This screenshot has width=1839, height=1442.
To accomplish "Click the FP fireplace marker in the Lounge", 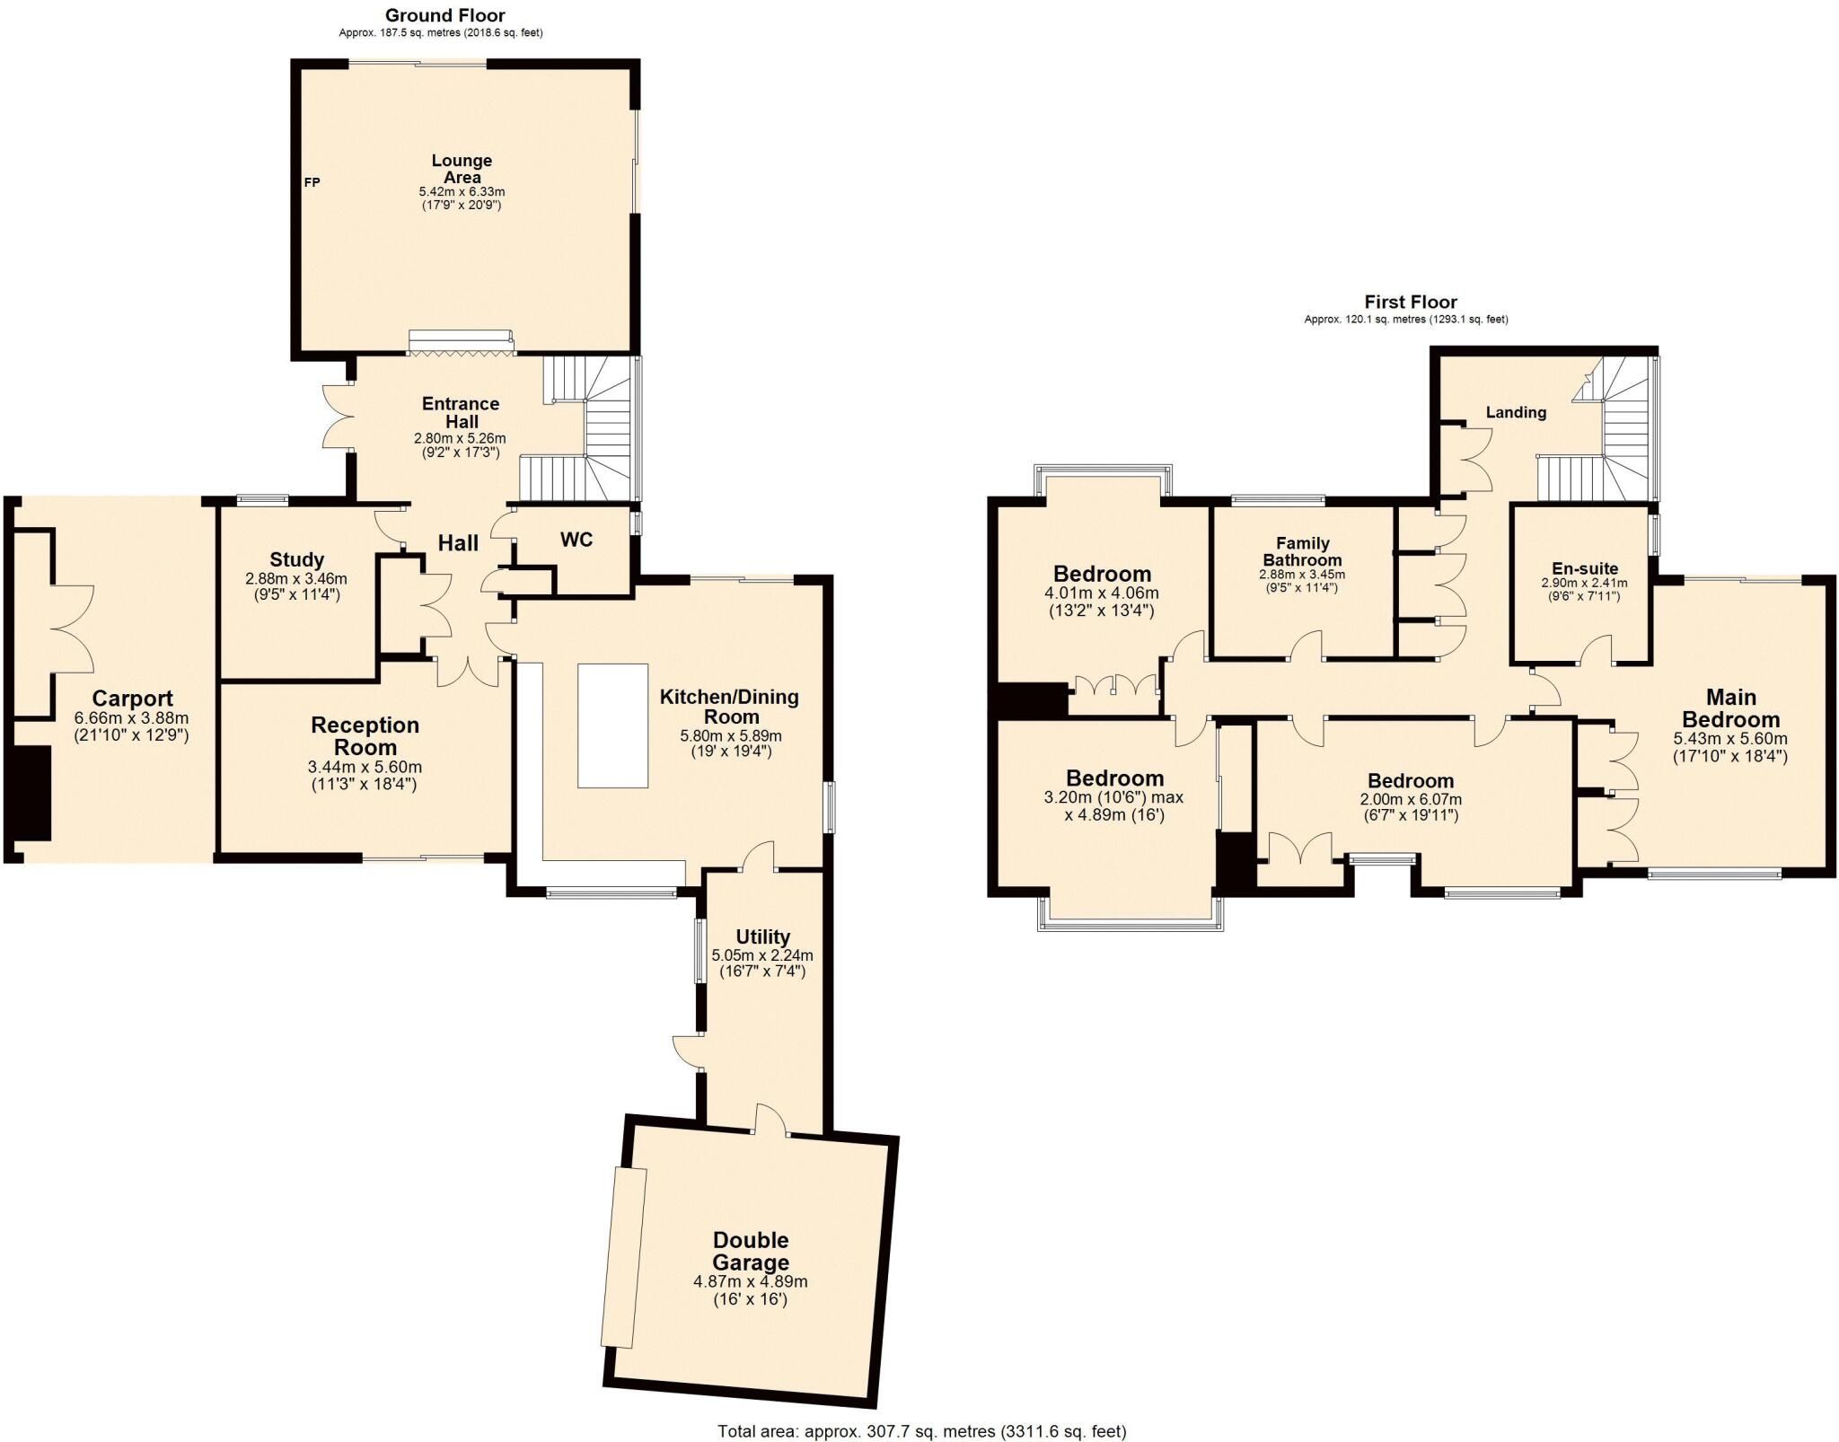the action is click(312, 182).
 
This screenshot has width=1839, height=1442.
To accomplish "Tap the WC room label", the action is click(576, 540).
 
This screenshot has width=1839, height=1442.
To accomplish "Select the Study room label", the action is click(296, 560).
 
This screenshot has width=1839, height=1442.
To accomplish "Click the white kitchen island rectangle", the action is click(612, 725).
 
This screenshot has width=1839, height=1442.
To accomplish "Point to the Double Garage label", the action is click(751, 1252).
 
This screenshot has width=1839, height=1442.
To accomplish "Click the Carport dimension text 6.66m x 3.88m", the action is click(133, 718).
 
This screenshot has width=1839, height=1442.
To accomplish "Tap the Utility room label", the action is click(762, 937).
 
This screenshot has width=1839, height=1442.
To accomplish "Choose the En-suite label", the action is click(1585, 568).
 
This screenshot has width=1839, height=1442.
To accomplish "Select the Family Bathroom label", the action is click(1302, 551).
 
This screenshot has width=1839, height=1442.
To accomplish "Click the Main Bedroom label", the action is click(1730, 708).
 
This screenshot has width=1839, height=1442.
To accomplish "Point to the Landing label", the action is click(1516, 413).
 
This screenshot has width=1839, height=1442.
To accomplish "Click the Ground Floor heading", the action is click(444, 15).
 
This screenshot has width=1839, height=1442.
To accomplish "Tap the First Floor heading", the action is click(1411, 303).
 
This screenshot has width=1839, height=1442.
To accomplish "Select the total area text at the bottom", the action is click(921, 1431).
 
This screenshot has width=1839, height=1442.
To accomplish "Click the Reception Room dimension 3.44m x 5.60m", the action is click(365, 768).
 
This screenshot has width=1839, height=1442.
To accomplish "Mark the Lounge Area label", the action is click(462, 169).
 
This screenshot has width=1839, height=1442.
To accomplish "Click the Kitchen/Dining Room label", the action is click(729, 707).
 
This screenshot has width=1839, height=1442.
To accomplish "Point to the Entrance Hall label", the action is click(461, 413).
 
